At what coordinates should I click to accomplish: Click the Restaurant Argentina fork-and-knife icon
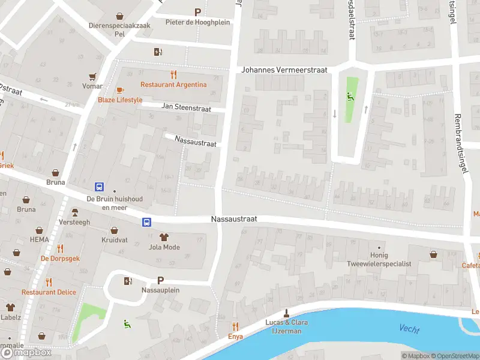[174, 74]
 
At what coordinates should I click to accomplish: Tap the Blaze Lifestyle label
[120, 100]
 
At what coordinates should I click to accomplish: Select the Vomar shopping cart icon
[92, 76]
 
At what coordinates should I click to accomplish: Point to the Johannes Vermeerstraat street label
[284, 70]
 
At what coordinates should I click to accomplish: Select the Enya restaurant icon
[235, 327]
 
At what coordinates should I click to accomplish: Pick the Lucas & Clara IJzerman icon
[287, 313]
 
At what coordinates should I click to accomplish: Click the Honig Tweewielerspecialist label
[379, 259]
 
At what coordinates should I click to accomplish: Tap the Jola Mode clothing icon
[164, 237]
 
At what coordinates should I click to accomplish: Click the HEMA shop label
[39, 239]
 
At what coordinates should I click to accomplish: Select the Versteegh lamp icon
[75, 212]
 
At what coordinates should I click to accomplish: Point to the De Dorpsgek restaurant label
[60, 259]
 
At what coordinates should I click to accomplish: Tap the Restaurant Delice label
[49, 292]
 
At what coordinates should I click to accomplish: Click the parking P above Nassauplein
[160, 280]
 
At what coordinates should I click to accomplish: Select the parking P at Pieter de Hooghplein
[197, 12]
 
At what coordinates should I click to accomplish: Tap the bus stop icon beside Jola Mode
[146, 222]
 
